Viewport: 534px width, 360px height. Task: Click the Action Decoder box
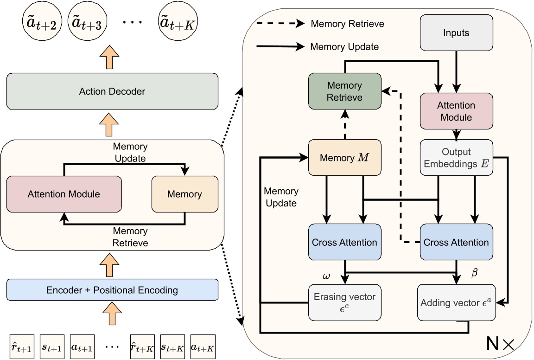[x=112, y=91]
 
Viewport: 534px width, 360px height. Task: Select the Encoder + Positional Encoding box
[x=112, y=290]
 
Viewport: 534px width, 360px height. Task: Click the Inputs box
[x=456, y=33]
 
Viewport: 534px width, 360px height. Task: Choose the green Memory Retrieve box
[x=344, y=91]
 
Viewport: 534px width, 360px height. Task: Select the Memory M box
[x=344, y=158]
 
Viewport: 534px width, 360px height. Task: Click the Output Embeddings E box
[x=456, y=158]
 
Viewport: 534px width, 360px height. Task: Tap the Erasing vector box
[x=344, y=302]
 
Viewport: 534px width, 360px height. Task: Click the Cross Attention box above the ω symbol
[x=344, y=242]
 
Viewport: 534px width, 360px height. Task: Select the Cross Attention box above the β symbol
[x=456, y=242]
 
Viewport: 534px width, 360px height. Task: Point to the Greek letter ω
[x=326, y=276]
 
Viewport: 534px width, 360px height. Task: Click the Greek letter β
[x=474, y=274]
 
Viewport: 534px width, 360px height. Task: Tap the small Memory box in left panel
[x=184, y=193]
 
